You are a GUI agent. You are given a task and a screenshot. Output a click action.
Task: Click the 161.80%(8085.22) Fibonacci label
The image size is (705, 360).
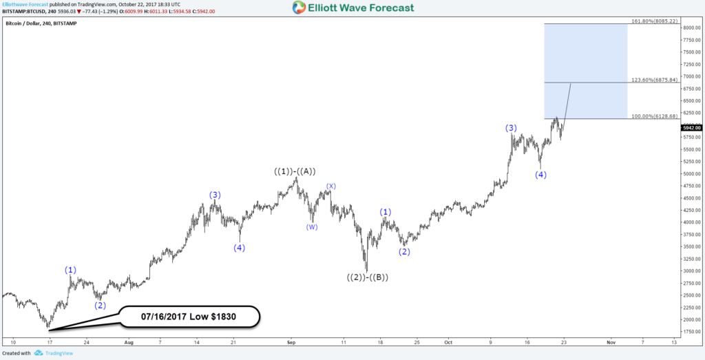655,21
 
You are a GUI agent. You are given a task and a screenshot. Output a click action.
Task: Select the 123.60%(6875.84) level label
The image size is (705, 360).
655,80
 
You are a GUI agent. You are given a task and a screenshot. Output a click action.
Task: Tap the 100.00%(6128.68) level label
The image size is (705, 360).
655,116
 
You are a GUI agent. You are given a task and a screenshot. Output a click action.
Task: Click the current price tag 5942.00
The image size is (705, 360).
691,127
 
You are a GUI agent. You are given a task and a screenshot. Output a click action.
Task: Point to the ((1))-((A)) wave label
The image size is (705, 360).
295,171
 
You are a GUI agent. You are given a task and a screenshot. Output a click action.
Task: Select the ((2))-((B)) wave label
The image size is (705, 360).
367,277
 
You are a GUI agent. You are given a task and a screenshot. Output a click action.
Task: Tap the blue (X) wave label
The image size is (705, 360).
331,186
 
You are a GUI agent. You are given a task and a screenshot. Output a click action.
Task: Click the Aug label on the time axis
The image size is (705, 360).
128,341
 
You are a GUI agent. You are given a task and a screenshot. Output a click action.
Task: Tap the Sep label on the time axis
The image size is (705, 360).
291,341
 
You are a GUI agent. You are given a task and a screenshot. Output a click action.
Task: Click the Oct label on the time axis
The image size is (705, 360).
448,341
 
